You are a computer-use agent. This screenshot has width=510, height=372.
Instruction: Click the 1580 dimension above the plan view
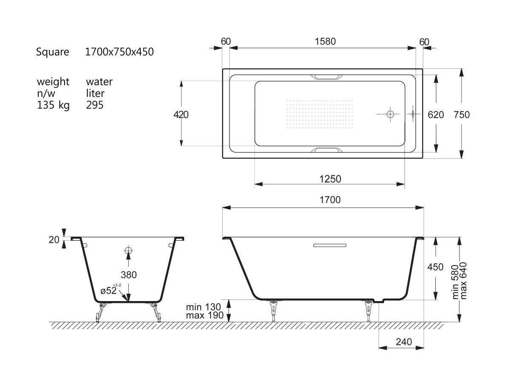coord(325,42)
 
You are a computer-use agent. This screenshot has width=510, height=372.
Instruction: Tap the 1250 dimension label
coord(330,179)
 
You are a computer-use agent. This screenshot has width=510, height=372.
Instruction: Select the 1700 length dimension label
coord(330,200)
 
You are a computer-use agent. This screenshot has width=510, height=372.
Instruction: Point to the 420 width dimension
coord(181,115)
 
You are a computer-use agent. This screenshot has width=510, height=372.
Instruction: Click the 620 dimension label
coord(436,115)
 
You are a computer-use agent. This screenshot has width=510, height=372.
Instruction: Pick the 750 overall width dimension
coord(462,115)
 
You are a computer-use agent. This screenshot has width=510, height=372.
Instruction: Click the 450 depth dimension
coord(435,267)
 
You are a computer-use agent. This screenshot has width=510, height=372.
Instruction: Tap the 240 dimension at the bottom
coord(404,342)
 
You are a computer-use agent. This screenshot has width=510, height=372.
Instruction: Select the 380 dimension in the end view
coord(129,275)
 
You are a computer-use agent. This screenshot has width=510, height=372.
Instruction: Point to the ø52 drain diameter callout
coord(110,290)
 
